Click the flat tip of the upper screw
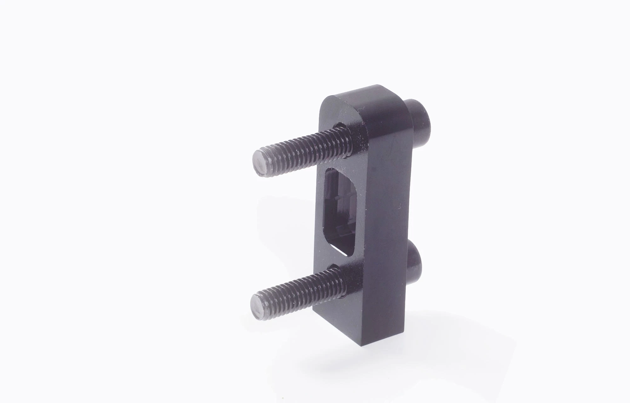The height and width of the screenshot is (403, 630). coord(260,164)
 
